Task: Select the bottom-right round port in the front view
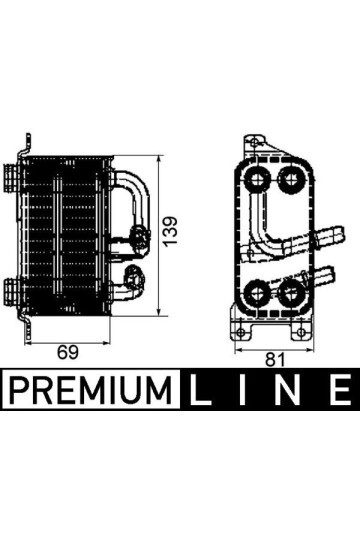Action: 290,294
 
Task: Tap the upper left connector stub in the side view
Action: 13,181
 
